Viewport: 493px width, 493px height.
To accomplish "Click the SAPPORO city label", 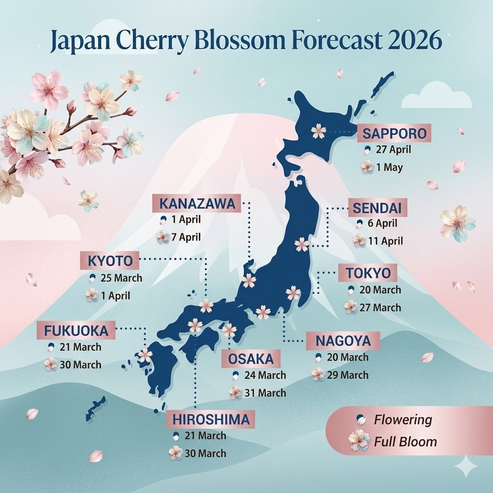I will [x=394, y=133].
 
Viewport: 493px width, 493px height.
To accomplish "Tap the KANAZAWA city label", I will [x=197, y=204].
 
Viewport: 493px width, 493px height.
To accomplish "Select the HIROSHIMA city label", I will [x=211, y=419].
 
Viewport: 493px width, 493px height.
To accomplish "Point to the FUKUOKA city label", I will [x=76, y=331].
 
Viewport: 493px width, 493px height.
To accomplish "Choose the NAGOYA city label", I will [x=343, y=341].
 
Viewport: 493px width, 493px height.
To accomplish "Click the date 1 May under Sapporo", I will [x=389, y=168].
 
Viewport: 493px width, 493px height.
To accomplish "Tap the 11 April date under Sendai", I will [x=385, y=241].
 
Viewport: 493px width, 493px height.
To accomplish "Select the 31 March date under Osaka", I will [x=265, y=392].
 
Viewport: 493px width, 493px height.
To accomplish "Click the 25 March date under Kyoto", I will [x=121, y=278].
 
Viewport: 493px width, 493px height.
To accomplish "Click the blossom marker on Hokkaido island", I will [x=318, y=131].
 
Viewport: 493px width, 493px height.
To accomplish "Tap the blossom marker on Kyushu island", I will [x=145, y=355].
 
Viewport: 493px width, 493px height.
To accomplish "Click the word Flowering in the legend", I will [x=403, y=420].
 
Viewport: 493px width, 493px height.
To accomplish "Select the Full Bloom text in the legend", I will [x=405, y=441].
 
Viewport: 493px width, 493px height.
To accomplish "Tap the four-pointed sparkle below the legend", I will [x=466, y=466].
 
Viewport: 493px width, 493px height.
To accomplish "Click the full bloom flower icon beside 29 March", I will [x=318, y=374].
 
